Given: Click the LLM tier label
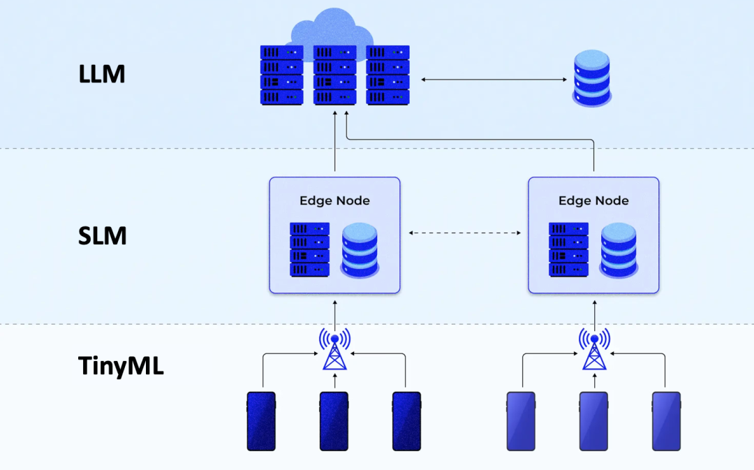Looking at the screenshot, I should point(102,73).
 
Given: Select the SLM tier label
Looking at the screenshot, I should point(102,236).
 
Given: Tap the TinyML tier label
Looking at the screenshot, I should point(121,365).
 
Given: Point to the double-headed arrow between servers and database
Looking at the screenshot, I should point(494,80).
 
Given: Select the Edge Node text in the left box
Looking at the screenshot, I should point(334,200).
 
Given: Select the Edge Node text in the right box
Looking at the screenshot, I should point(593,200).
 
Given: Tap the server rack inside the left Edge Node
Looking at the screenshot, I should point(309,249).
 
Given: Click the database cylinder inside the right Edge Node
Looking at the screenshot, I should point(619,249).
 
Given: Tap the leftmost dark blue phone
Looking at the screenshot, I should point(261,420).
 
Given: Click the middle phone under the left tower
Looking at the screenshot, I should point(334,420).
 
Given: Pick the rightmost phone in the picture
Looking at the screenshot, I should point(666,420).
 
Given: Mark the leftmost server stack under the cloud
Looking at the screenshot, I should point(281,75).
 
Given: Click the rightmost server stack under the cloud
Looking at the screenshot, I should point(388,75).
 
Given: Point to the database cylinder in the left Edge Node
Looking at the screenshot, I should point(360,249).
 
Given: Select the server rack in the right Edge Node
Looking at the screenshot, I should point(568,249).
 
